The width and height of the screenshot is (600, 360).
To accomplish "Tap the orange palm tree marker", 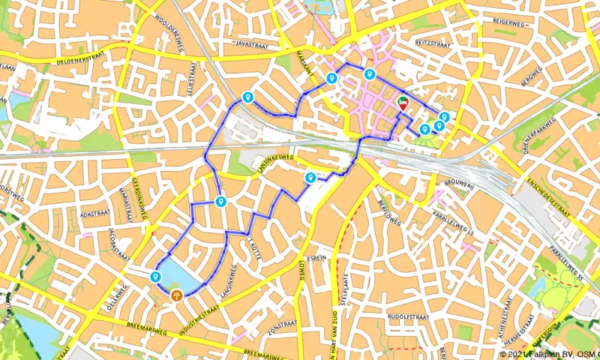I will click(177, 295).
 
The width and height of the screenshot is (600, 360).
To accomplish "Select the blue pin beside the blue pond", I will click(156, 277).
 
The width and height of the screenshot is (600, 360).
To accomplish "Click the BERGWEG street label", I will click(531, 76).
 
